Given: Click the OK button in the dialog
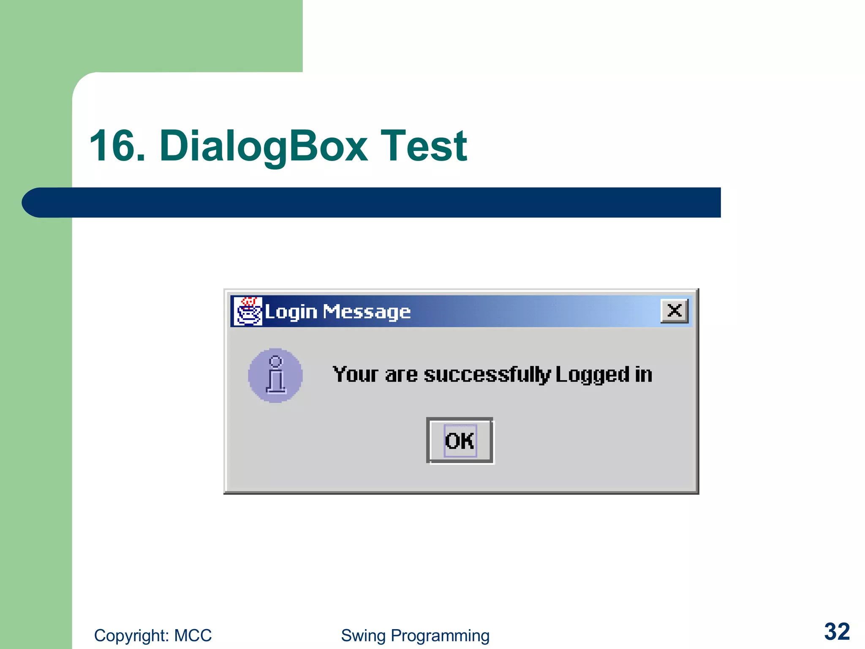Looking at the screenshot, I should (x=460, y=440).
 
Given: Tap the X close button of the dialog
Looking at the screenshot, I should (x=674, y=311).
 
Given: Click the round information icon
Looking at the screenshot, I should (x=275, y=375).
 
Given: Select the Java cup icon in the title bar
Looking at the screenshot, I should (x=248, y=311).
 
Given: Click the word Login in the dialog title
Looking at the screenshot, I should (x=291, y=312).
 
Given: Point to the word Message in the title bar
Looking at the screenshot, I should (x=367, y=312).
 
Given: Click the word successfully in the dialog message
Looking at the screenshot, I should (x=487, y=375).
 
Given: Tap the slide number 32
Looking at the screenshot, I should (x=837, y=632).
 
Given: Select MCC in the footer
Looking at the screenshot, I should (x=193, y=635).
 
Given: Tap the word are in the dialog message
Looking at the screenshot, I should (x=401, y=375).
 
